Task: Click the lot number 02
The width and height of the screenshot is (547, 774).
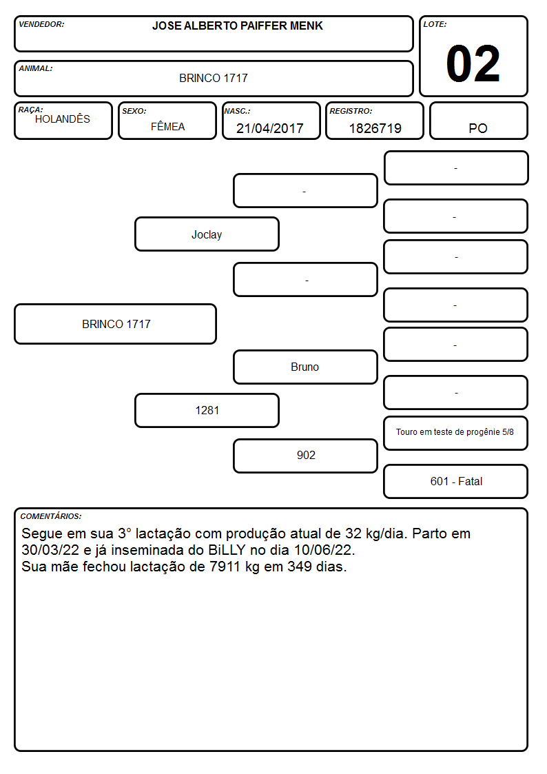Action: tap(473, 63)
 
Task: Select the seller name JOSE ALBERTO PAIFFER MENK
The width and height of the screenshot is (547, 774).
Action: tap(237, 26)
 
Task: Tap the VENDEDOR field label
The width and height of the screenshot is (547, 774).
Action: tap(41, 24)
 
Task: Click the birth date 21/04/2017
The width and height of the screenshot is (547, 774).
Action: tap(270, 128)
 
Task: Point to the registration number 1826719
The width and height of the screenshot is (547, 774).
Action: tap(375, 128)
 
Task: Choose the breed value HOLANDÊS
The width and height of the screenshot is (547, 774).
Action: tap(63, 119)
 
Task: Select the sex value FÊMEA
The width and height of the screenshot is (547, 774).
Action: tap(167, 126)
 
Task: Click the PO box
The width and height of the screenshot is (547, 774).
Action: tap(478, 121)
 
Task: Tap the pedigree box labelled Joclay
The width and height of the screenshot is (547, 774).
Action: tap(207, 234)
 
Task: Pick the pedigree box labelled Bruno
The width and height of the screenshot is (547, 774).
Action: tap(305, 367)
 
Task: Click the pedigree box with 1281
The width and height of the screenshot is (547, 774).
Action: tap(207, 410)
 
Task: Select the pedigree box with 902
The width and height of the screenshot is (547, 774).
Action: tap(305, 456)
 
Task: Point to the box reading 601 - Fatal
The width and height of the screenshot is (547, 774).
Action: tap(456, 481)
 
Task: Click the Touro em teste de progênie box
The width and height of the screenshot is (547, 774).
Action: tap(456, 433)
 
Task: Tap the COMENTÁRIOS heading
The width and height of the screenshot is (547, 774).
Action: tap(51, 516)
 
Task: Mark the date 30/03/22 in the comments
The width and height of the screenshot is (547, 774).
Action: tap(50, 550)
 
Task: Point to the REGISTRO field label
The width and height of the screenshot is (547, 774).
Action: tap(351, 111)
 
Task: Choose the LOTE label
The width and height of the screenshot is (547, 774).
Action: tap(435, 24)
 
